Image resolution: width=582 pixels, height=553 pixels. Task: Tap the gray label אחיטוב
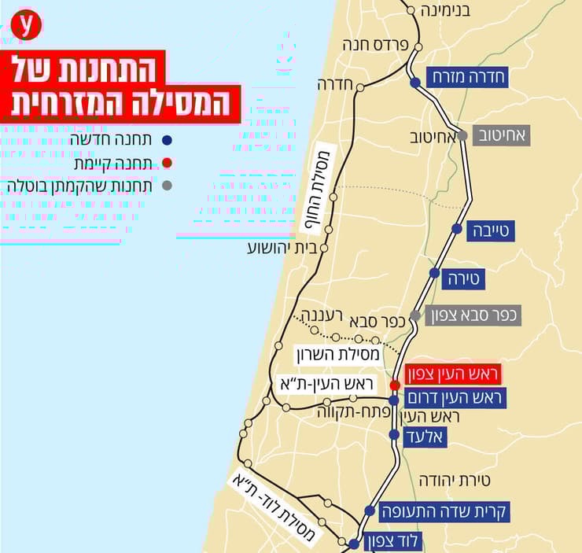tap(501, 135)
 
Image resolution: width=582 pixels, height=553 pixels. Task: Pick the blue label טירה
tap(467, 278)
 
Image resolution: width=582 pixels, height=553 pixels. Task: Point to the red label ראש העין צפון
tap(452, 374)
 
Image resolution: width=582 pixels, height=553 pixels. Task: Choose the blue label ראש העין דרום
tap(454, 398)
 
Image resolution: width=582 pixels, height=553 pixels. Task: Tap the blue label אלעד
tap(425, 437)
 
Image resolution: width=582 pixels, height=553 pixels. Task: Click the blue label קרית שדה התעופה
tap(446, 511)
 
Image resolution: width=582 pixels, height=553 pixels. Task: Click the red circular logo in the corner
tap(27, 25)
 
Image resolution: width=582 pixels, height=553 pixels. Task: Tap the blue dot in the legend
tap(166, 141)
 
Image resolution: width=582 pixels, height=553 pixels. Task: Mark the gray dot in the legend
tap(166, 186)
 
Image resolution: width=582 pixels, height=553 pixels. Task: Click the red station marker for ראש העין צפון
tap(395, 385)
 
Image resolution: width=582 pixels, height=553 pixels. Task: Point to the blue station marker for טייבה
tap(457, 228)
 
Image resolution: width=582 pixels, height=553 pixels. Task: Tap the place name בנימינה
tap(445, 11)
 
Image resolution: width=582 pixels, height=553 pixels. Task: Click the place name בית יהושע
tap(282, 248)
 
